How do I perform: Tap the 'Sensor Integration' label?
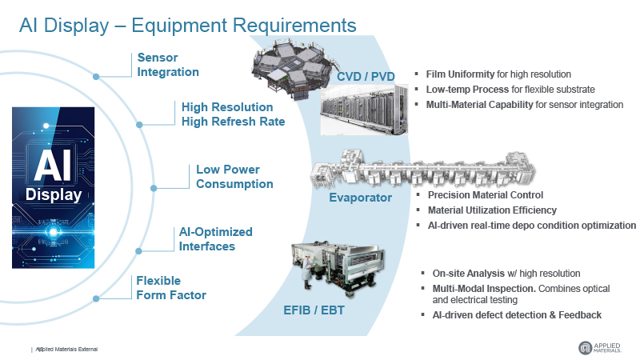coord(168,65)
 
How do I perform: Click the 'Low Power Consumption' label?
coord(234,177)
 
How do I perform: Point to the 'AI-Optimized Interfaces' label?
coord(215,239)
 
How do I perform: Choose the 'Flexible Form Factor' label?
coord(171,288)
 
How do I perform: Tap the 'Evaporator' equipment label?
coord(361,197)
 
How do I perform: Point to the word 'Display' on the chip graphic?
coord(54,194)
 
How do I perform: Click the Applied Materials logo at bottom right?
coord(604,347)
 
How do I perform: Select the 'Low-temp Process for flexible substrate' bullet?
coord(510,90)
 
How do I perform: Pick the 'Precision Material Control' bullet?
coord(486,195)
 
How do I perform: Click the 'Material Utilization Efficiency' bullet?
coord(492,210)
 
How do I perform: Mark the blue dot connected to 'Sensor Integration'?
coord(96,77)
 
